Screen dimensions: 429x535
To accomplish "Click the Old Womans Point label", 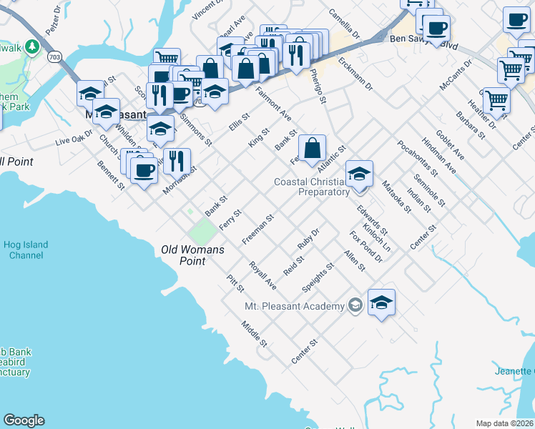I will [x=192, y=255].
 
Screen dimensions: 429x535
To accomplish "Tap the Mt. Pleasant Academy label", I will [x=294, y=306].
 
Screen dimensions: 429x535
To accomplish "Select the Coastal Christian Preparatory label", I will [x=313, y=187].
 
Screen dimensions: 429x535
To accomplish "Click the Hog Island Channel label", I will [x=24, y=250].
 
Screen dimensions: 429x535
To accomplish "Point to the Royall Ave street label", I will [x=262, y=275].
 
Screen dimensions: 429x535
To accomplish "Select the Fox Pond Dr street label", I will [x=365, y=246].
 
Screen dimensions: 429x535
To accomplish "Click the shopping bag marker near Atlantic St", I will [x=313, y=149].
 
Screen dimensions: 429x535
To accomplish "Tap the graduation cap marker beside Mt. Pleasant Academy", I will [x=381, y=302].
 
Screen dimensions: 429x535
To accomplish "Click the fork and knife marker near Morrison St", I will [x=177, y=161].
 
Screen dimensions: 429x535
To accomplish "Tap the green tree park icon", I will [x=31, y=47].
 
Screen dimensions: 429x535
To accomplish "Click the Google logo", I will [x=24, y=420].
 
